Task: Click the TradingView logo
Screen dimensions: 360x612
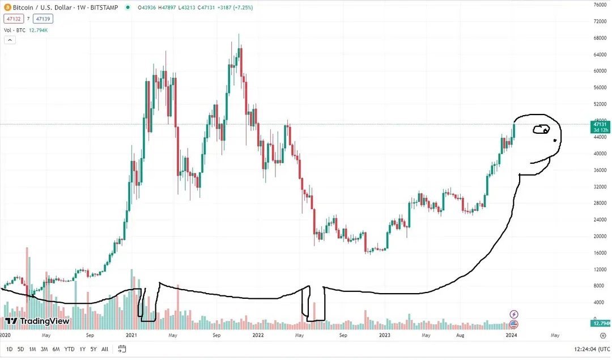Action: coord(37,321)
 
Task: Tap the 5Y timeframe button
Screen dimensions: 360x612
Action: coord(93,349)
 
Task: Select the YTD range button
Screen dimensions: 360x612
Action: coord(69,349)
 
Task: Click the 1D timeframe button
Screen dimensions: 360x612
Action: coord(10,349)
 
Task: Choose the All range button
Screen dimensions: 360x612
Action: coord(105,349)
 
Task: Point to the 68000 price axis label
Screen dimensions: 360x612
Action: coord(600,39)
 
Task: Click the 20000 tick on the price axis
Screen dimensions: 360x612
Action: coord(600,236)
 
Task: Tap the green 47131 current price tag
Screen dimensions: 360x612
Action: coord(600,124)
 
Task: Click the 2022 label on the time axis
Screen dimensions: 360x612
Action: coord(258,335)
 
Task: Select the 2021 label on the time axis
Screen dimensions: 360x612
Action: coord(131,335)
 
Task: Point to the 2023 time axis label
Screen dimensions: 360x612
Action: coord(385,335)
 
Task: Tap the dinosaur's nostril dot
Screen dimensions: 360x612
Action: coord(555,140)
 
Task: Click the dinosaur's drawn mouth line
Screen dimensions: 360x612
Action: coord(541,162)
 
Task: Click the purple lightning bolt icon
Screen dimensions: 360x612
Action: coord(514,314)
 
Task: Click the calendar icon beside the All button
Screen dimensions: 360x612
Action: coord(121,349)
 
